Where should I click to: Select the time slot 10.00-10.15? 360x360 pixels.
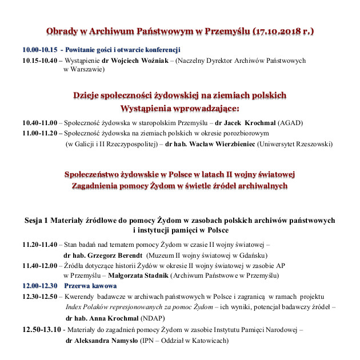pos(39,49)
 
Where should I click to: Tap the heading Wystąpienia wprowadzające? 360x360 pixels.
pos(179,108)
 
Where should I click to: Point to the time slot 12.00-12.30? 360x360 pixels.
pos(39,286)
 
